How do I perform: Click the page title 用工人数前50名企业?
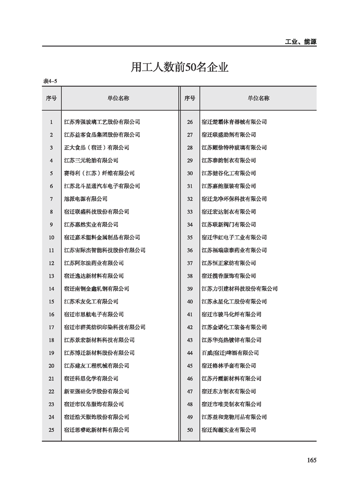(179, 68)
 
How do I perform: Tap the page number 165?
(311, 460)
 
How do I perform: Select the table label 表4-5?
(49, 81)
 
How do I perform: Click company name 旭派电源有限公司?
(86, 199)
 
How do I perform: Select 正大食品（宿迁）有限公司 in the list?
(96, 148)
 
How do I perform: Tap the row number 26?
(190, 122)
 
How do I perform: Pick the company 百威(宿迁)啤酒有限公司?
(230, 353)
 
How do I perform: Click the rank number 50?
(190, 430)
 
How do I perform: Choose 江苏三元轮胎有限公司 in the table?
(91, 160)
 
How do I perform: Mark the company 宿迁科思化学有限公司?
(91, 379)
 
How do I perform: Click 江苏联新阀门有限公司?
(228, 224)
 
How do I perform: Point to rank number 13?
(51, 276)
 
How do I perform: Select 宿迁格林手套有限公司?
(228, 366)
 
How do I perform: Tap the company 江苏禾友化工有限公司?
(91, 301)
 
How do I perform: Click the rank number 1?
(51, 122)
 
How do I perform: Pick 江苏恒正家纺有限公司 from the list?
(228, 263)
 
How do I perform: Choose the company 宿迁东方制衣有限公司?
(228, 391)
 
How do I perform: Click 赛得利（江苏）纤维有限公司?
(99, 173)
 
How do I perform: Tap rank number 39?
(190, 289)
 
